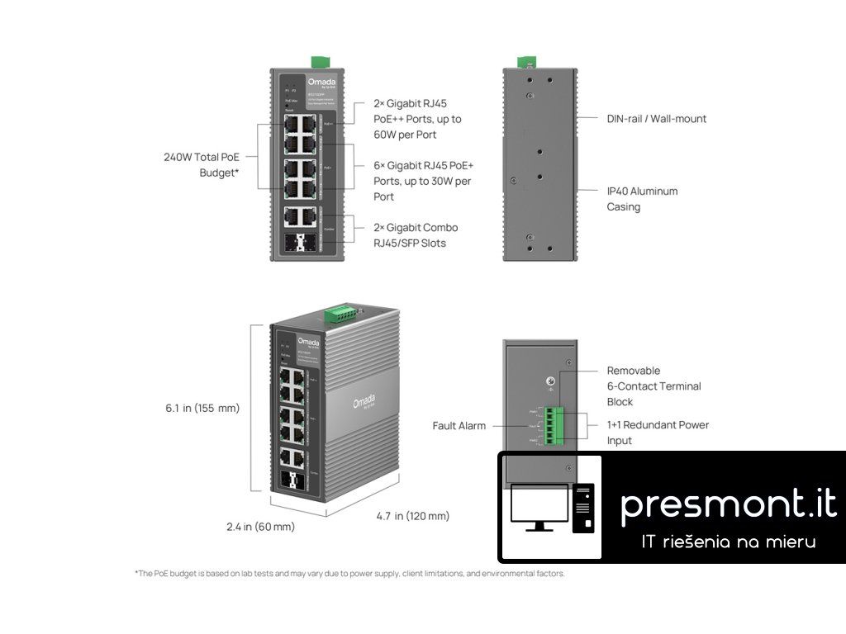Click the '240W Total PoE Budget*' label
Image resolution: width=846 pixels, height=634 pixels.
pyautogui.click(x=201, y=165)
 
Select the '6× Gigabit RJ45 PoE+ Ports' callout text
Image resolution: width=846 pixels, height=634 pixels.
pyautogui.click(x=422, y=181)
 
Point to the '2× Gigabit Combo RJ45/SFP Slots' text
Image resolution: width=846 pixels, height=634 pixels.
pyautogui.click(x=415, y=235)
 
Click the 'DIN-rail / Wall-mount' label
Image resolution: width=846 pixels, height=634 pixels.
pyautogui.click(x=657, y=119)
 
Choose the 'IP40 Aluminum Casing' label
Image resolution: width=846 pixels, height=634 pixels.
pyautogui.click(x=642, y=199)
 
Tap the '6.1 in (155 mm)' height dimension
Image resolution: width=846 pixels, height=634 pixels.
pyautogui.click(x=202, y=408)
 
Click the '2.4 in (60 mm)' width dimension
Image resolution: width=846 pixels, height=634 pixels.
pyautogui.click(x=260, y=527)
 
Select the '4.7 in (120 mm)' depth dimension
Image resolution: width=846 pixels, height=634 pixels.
pyautogui.click(x=412, y=516)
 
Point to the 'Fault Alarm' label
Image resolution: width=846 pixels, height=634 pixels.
pyautogui.click(x=459, y=426)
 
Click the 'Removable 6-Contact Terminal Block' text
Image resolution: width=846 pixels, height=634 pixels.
pyautogui.click(x=654, y=386)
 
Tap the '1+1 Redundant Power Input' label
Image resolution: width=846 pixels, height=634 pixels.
pyautogui.click(x=658, y=433)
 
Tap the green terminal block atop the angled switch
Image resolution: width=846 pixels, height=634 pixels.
pyautogui.click(x=341, y=312)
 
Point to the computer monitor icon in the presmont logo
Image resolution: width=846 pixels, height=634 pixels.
pyautogui.click(x=539, y=505)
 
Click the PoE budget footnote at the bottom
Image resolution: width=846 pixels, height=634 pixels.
pyautogui.click(x=349, y=574)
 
